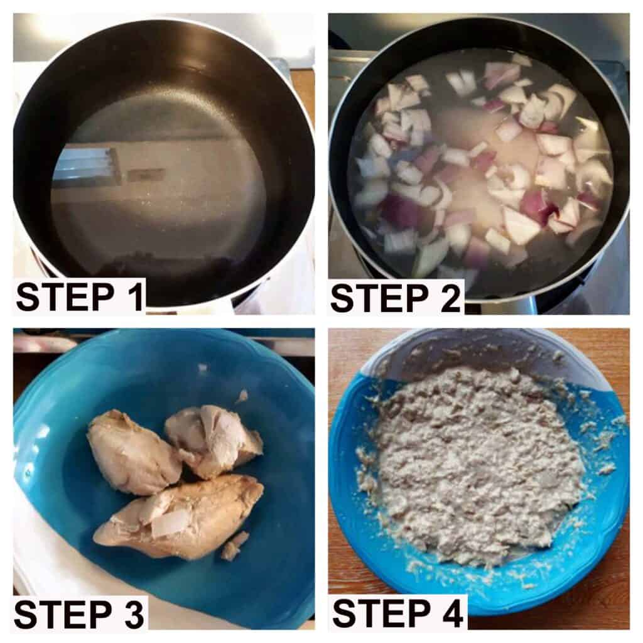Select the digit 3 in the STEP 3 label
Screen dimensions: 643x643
[133, 613]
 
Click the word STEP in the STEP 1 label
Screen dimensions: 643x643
[65, 297]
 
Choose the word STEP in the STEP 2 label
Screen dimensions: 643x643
[379, 297]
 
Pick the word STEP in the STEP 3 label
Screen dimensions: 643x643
[63, 613]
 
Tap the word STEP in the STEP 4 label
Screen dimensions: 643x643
[381, 613]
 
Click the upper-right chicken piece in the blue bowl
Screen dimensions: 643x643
[213, 441]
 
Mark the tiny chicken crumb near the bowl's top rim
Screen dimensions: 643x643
[202, 368]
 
